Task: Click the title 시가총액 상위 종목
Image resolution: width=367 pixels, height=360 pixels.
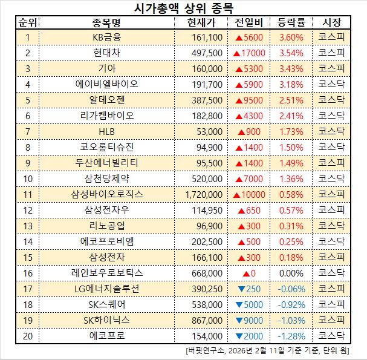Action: pos(183,8)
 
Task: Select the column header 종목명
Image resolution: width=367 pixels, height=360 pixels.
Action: pos(106,23)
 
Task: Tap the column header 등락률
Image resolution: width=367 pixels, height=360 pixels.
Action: pos(291,23)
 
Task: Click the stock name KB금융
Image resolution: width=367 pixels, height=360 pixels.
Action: pos(106,37)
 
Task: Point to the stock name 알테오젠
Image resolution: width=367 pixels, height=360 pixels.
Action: pos(106,99)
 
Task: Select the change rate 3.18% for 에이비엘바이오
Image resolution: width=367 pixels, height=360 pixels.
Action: pos(291,84)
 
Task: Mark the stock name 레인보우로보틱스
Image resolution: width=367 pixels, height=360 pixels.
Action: pos(106,273)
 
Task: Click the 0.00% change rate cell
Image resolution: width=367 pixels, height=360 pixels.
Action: pos(291,273)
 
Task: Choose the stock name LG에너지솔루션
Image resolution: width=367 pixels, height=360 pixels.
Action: pos(106,289)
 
